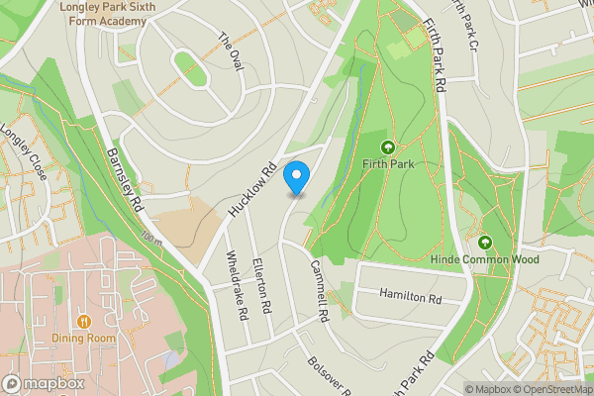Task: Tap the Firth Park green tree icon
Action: [x=387, y=146]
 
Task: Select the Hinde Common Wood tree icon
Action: [x=485, y=242]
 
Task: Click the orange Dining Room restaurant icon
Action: [x=84, y=321]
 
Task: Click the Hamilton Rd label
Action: [x=411, y=297]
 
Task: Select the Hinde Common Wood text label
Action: [x=485, y=260]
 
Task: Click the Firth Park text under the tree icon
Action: [x=387, y=163]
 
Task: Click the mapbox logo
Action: [x=45, y=383]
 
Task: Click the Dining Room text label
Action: [x=84, y=338]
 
